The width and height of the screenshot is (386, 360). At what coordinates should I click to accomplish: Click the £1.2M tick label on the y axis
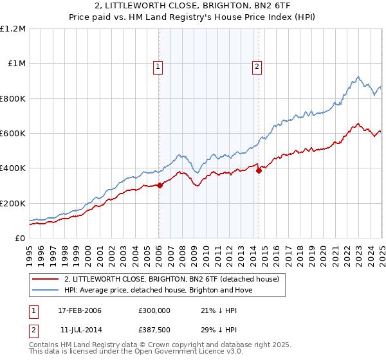pos(13,29)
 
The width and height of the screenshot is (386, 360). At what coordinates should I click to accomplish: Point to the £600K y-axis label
pos(13,134)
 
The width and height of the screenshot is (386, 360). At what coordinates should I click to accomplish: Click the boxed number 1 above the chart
pos(158,65)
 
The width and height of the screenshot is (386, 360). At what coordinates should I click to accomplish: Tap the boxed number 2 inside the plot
pos(257,65)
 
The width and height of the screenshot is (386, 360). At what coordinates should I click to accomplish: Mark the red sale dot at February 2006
pos(160,186)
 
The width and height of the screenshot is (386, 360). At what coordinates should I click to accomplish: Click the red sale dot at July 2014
pos(259,170)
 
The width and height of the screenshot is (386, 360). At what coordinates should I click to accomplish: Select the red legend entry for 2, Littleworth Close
pos(171,279)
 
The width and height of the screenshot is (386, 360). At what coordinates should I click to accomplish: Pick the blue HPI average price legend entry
pos(159,290)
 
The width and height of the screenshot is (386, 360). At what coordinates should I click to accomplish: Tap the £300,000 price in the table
pos(154,310)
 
